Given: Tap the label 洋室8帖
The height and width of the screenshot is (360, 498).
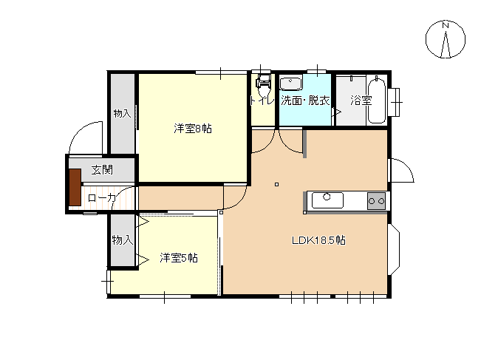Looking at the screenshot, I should (x=193, y=129).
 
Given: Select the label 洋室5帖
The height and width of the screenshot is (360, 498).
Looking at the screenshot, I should (x=178, y=258).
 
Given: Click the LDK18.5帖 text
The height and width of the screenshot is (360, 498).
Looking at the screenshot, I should (x=319, y=240).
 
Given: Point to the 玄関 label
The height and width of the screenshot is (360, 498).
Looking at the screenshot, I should (x=102, y=170).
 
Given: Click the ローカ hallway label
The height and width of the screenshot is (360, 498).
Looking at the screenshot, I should (x=101, y=198).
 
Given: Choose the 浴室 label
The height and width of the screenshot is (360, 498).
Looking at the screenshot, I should (x=361, y=100).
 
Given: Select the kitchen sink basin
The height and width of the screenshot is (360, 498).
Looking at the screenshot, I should (x=326, y=200).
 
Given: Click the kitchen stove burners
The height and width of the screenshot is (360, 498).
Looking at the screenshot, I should (x=376, y=200).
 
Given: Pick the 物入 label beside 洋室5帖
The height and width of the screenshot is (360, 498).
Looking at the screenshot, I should (x=122, y=240).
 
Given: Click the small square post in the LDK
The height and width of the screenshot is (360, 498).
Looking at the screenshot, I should (x=276, y=184).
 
